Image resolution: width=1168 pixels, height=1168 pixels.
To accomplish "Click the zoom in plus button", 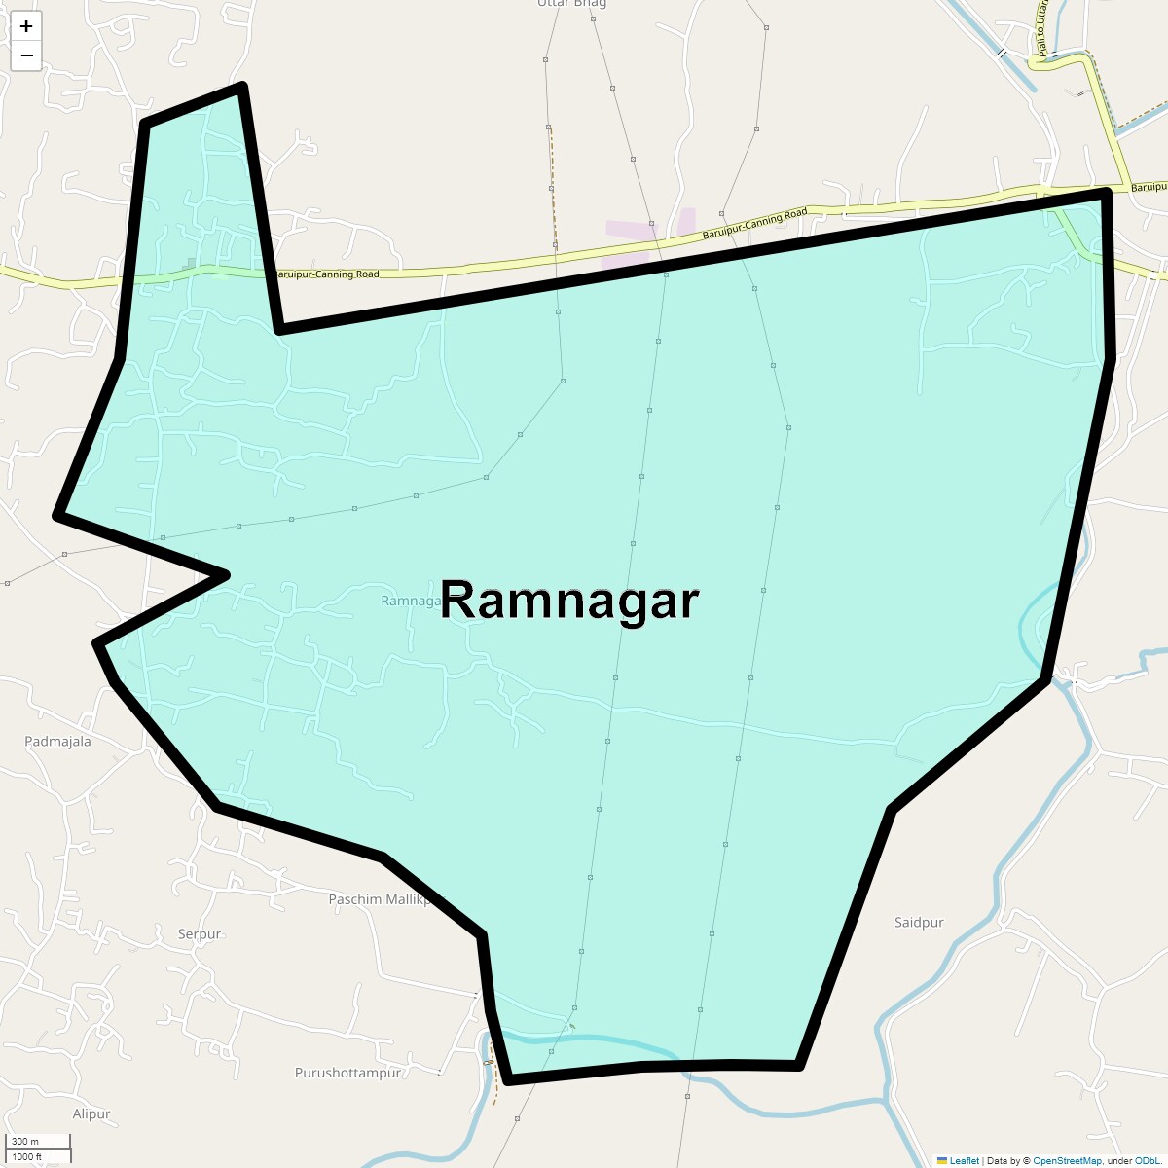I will [26, 26].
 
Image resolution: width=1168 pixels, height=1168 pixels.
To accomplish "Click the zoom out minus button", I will [26, 55].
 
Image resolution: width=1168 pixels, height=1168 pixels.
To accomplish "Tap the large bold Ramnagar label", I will [569, 600].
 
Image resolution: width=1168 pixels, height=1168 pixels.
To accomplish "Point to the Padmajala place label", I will [57, 742].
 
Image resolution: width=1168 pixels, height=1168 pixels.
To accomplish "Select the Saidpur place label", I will [919, 923].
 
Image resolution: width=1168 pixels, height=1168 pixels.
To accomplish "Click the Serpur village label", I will [200, 934].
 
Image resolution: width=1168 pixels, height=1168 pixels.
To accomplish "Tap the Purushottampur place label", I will [347, 1073].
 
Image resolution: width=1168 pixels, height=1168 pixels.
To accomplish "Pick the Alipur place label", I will [91, 1113].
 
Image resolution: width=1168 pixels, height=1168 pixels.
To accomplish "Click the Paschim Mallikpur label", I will [385, 899].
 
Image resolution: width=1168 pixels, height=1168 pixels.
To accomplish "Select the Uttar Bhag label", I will [572, 4].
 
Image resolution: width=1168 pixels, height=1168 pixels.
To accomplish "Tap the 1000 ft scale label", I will [27, 1156].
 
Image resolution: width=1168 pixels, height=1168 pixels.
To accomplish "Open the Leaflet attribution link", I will [964, 1160].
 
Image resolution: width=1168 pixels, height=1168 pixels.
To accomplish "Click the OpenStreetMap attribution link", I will [1067, 1160].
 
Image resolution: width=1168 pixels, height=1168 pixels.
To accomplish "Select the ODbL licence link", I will [1146, 1160].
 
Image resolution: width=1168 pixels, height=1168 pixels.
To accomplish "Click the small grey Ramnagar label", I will [411, 601].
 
